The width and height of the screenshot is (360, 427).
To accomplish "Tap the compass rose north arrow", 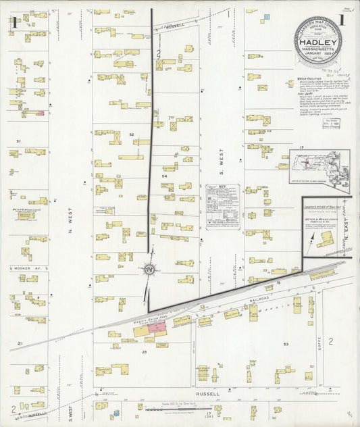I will [x=149, y=270].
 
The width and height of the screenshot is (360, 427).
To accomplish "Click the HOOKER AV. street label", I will [x=23, y=268].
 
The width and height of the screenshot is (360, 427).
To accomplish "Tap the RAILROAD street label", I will [x=259, y=297].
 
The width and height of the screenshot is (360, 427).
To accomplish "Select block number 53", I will [x=286, y=345].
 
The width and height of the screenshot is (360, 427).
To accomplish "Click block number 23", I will [x=144, y=352].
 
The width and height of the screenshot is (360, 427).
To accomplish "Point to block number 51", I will [x=19, y=141].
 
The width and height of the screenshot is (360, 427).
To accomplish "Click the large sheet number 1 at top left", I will [x=14, y=22].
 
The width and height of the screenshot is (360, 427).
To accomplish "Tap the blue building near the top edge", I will [x=266, y=16].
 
